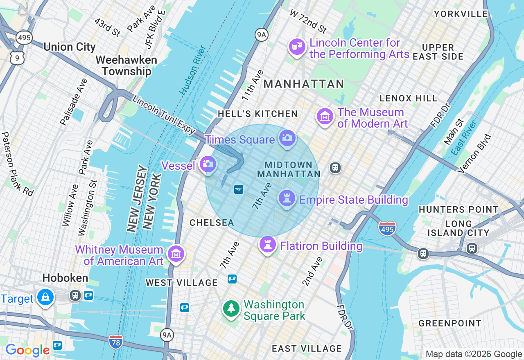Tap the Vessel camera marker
[x=208, y=164]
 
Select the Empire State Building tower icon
[x=287, y=198]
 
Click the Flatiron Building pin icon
[x=268, y=245]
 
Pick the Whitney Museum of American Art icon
[x=176, y=254]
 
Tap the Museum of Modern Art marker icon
[x=325, y=117]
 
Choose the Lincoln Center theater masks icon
[x=297, y=47]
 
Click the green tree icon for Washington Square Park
[x=231, y=308]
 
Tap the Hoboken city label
[x=65, y=278]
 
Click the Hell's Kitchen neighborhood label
[x=257, y=114]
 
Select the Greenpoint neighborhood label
[x=450, y=323]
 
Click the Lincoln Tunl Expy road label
[x=164, y=115]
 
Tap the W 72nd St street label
[x=308, y=21]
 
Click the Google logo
[x=28, y=350]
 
